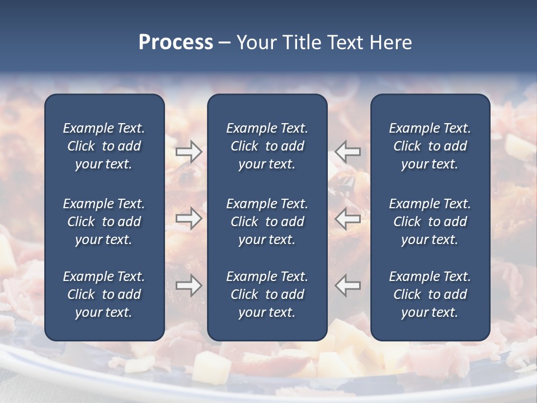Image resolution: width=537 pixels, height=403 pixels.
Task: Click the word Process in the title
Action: pyautogui.click(x=176, y=43)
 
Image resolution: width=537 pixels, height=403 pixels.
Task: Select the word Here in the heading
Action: pyautogui.click(x=390, y=43)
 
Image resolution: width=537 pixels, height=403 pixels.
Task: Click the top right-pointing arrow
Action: pyautogui.click(x=189, y=152)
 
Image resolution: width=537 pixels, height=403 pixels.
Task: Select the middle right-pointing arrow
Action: pyautogui.click(x=189, y=218)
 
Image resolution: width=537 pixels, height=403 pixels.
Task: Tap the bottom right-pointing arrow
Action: pyautogui.click(x=189, y=285)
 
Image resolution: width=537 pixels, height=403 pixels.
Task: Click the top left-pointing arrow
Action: pyautogui.click(x=348, y=152)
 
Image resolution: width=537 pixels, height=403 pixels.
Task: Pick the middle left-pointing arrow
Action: pyautogui.click(x=348, y=218)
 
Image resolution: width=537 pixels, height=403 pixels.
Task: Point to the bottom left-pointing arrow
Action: pyautogui.click(x=348, y=285)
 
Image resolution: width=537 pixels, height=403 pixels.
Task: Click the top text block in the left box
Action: pyautogui.click(x=104, y=146)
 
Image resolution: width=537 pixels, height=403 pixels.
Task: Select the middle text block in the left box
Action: pyautogui.click(x=104, y=222)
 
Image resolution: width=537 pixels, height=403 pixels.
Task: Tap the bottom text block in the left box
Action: pyautogui.click(x=104, y=294)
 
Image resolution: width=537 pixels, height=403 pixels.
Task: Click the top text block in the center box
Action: pyautogui.click(x=267, y=146)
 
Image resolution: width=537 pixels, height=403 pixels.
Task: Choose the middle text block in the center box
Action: pyautogui.click(x=267, y=222)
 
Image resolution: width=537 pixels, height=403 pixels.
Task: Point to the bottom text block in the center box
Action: pyautogui.click(x=267, y=294)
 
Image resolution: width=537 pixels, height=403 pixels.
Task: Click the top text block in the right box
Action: pyautogui.click(x=430, y=146)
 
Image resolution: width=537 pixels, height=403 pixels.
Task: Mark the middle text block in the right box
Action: pyautogui.click(x=430, y=222)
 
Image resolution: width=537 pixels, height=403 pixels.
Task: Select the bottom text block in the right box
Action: pyautogui.click(x=430, y=294)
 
